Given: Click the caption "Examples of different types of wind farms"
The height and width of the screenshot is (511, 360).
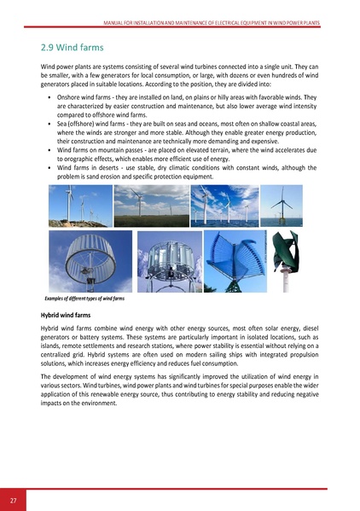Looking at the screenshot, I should click(84, 297).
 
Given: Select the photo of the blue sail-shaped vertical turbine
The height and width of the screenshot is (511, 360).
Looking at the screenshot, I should click(229, 260).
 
